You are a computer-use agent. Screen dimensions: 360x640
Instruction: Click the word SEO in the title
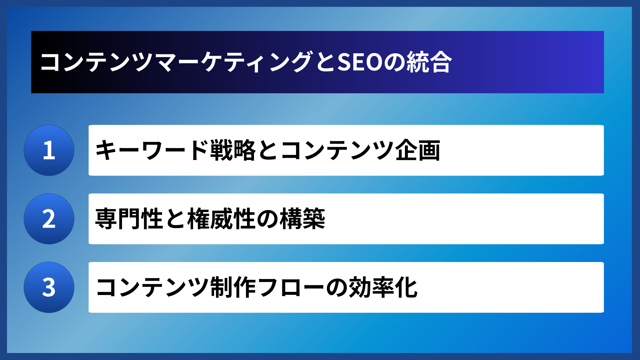pos(360,62)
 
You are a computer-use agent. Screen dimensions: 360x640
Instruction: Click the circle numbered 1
pos(49,150)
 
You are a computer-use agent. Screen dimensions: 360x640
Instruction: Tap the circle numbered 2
pos(49,219)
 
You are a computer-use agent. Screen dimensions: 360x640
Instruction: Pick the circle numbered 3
pos(49,287)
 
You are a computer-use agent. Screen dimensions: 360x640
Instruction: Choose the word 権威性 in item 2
pos(221,219)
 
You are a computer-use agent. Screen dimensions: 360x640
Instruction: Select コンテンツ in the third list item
pos(152,287)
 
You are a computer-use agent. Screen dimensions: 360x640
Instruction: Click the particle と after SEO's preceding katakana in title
pos(325,62)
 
